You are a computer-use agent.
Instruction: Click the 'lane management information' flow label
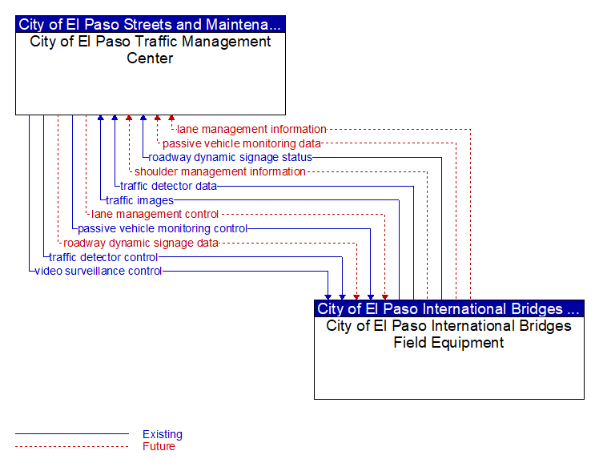point(251,130)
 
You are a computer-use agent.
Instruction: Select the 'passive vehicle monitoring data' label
point(242,144)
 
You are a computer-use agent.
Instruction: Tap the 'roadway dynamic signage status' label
point(231,158)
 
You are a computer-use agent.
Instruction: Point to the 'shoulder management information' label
point(220,172)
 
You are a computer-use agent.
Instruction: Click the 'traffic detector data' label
point(168,186)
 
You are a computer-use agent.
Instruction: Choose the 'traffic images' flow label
point(139,200)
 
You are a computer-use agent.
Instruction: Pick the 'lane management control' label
point(155,215)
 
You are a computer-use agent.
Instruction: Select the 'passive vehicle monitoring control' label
point(163,228)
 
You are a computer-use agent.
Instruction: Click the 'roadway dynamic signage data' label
point(141,243)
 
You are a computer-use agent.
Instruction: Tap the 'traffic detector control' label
point(103,257)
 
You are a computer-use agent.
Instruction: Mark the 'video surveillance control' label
point(98,272)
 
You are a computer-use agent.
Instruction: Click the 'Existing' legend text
point(163,434)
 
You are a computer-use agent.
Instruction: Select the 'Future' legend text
point(159,446)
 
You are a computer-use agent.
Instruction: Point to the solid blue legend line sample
point(72,433)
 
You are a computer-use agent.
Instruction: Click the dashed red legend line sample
point(72,446)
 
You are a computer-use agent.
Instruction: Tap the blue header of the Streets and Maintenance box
point(151,24)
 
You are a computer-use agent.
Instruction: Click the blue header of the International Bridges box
point(449,308)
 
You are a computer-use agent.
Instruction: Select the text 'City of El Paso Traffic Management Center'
point(151,50)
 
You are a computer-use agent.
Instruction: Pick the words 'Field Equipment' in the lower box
point(448,343)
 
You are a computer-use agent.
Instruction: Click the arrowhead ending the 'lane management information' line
point(171,118)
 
